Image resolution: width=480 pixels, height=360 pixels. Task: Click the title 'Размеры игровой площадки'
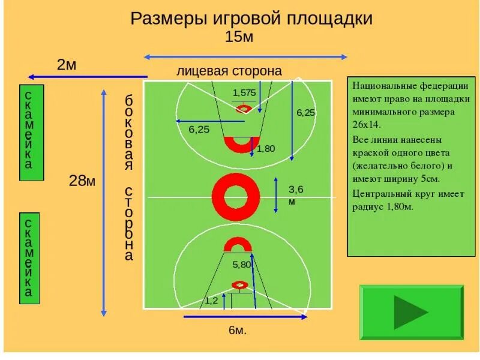coord(251,18)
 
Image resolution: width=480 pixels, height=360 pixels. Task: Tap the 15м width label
coord(239,37)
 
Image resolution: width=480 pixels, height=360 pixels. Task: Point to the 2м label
coord(67,65)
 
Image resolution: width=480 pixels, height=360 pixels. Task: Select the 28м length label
coord(82,180)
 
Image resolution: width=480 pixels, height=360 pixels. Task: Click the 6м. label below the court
coord(238,330)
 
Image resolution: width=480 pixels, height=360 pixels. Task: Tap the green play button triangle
coord(410,312)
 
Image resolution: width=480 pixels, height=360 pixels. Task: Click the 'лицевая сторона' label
coord(229,71)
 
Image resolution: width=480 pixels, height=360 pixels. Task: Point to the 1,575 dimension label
coord(244,92)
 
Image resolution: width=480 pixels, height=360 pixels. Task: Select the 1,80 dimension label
coord(265,148)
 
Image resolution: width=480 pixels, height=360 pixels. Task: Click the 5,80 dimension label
coord(242,264)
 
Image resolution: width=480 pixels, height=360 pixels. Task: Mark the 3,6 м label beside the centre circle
coord(295,195)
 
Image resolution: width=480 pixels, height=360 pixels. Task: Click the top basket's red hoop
coord(244,109)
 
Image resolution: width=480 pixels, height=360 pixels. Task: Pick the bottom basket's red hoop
coord(239,285)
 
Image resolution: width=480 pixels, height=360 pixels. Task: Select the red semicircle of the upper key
coord(241,144)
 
